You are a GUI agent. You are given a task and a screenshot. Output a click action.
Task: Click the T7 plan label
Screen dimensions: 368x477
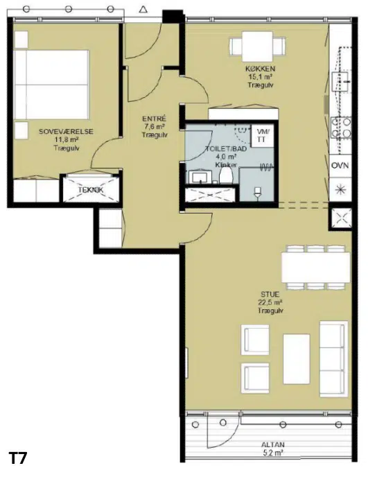[x=18, y=458]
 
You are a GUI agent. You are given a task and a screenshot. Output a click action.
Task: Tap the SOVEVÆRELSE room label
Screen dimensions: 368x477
[x=66, y=132]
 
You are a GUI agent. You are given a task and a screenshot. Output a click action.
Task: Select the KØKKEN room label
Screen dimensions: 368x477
[x=261, y=69]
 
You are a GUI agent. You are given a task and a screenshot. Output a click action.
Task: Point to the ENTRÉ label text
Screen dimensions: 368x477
[x=154, y=119]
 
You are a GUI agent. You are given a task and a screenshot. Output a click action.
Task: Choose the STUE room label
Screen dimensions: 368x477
[x=270, y=294]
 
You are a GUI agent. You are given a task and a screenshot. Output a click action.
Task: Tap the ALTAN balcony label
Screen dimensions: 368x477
[x=273, y=444]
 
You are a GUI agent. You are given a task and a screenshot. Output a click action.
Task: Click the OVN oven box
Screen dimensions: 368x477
[x=340, y=166]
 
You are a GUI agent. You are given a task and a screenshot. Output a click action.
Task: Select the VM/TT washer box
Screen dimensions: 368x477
[x=261, y=136]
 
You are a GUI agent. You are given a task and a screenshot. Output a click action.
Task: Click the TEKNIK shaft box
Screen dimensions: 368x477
[x=91, y=189]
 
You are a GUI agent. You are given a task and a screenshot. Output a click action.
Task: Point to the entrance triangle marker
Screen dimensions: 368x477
[x=143, y=10]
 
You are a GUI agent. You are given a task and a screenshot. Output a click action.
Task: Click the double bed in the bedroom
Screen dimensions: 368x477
[x=51, y=85]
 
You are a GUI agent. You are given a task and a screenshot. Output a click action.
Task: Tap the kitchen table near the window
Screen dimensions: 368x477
[x=257, y=46]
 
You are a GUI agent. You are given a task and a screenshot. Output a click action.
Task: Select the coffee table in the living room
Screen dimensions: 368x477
[x=297, y=359]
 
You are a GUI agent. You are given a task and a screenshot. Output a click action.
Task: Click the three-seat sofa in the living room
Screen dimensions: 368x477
[x=333, y=358]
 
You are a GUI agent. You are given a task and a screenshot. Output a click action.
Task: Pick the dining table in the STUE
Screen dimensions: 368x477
[x=316, y=268]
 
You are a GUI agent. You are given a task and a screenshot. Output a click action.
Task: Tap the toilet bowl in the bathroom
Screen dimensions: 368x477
[x=226, y=175]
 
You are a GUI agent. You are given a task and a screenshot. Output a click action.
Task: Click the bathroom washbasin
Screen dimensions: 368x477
[x=200, y=177]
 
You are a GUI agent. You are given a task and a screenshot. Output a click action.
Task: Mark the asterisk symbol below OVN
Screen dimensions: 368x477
[x=340, y=189]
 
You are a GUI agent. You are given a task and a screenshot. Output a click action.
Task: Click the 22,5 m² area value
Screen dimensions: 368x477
[x=270, y=302]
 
